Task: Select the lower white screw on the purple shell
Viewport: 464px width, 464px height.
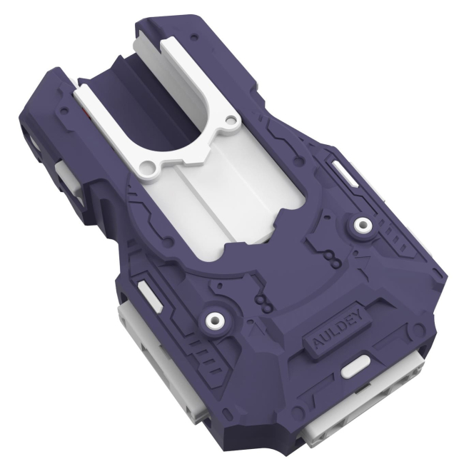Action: [x=213, y=319]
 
